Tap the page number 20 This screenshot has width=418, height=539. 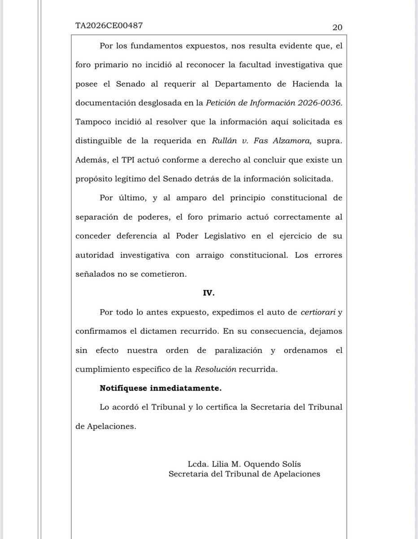point(337,27)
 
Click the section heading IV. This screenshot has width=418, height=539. point(209,293)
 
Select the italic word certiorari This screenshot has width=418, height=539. point(316,312)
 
